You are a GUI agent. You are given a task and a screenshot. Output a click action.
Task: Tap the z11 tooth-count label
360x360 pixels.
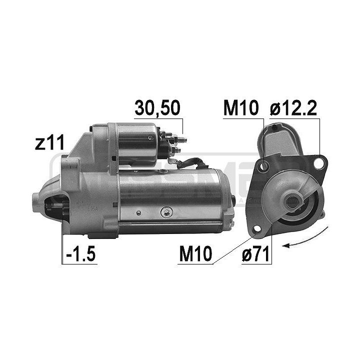pos(49,144)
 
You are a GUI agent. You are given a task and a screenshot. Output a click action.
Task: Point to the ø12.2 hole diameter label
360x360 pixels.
pos(293,108)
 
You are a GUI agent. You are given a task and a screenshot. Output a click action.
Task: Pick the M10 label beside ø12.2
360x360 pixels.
pos(240,108)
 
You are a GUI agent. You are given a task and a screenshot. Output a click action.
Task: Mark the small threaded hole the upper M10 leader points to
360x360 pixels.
pos(264,164)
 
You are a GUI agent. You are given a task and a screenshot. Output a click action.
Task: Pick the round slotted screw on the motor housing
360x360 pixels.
pos(165,212)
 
